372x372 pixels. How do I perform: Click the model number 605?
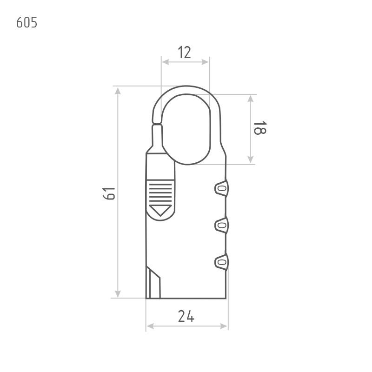(27, 22)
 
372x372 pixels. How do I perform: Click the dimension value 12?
(184, 53)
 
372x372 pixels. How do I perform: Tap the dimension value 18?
(260, 128)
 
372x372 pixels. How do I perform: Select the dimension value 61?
(109, 193)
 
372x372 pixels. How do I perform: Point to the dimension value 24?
(186, 316)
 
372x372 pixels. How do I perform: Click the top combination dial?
(222, 188)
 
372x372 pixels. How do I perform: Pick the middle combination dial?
(222, 225)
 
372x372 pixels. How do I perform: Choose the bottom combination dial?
(222, 262)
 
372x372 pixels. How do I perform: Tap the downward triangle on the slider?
(160, 210)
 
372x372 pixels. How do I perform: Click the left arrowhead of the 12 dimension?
(165, 62)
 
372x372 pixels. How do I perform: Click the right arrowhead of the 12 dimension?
(205, 62)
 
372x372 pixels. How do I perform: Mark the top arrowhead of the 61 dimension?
(118, 91)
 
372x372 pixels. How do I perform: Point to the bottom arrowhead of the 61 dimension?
(118, 294)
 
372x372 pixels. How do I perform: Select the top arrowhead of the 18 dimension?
(251, 99)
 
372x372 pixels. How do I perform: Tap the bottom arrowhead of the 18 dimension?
(251, 159)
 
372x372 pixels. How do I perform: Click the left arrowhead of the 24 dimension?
(150, 326)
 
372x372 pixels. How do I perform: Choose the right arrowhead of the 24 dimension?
(224, 326)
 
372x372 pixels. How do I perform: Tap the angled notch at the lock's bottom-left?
(153, 282)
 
